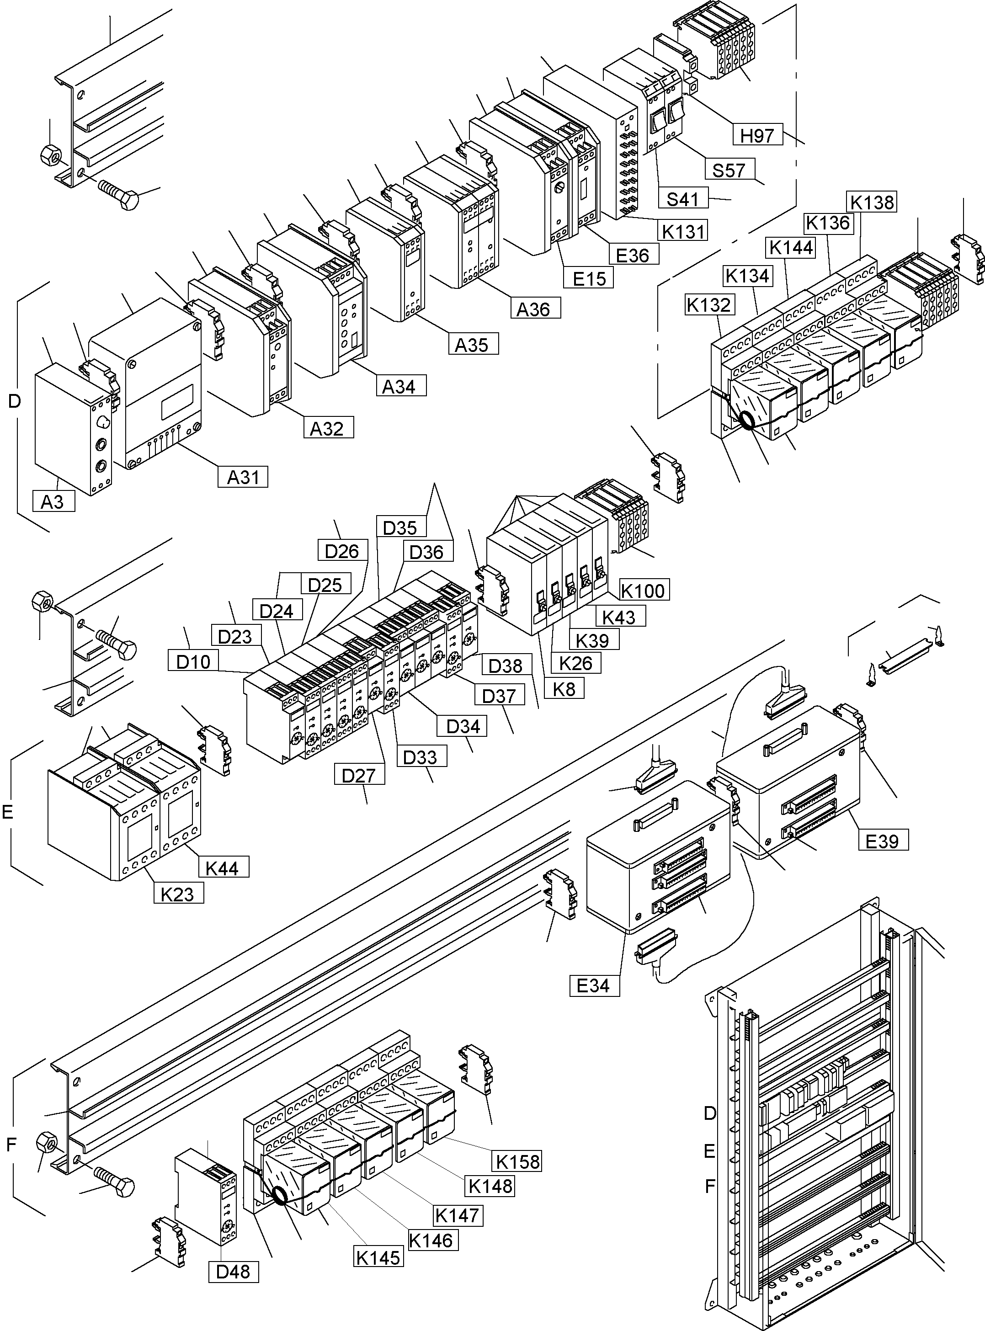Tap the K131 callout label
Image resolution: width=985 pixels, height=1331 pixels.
683,230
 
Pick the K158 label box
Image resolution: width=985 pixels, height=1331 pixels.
517,1161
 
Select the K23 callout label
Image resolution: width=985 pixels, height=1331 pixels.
178,893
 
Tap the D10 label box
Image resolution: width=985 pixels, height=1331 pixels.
193,661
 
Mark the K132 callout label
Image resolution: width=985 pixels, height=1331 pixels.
708,305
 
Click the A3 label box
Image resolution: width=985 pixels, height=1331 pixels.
53,501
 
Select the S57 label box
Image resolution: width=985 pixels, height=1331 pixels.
729,170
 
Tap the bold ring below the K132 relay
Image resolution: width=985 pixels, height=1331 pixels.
746,421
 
